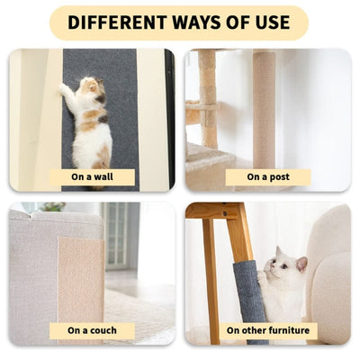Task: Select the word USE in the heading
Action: click(269, 22)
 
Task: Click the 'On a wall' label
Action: click(92, 176)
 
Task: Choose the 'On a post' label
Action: click(268, 176)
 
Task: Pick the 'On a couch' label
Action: click(92, 330)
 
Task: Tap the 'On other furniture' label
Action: click(268, 330)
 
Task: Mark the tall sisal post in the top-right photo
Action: click(263, 108)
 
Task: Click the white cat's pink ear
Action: click(301, 263)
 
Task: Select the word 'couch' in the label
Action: click(104, 330)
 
